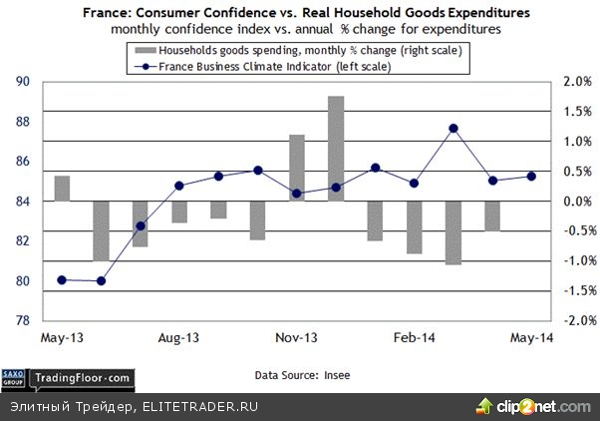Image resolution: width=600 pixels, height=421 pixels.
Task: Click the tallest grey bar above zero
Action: pos(336,148)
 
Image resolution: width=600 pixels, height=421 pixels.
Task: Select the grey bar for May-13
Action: pos(62,189)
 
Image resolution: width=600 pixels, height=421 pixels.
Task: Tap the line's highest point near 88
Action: pos(453,128)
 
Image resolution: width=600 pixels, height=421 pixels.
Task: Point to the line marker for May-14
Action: pos(531,176)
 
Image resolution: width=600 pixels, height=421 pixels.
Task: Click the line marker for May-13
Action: pos(62,279)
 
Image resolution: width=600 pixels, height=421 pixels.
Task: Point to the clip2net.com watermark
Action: pos(535,405)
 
